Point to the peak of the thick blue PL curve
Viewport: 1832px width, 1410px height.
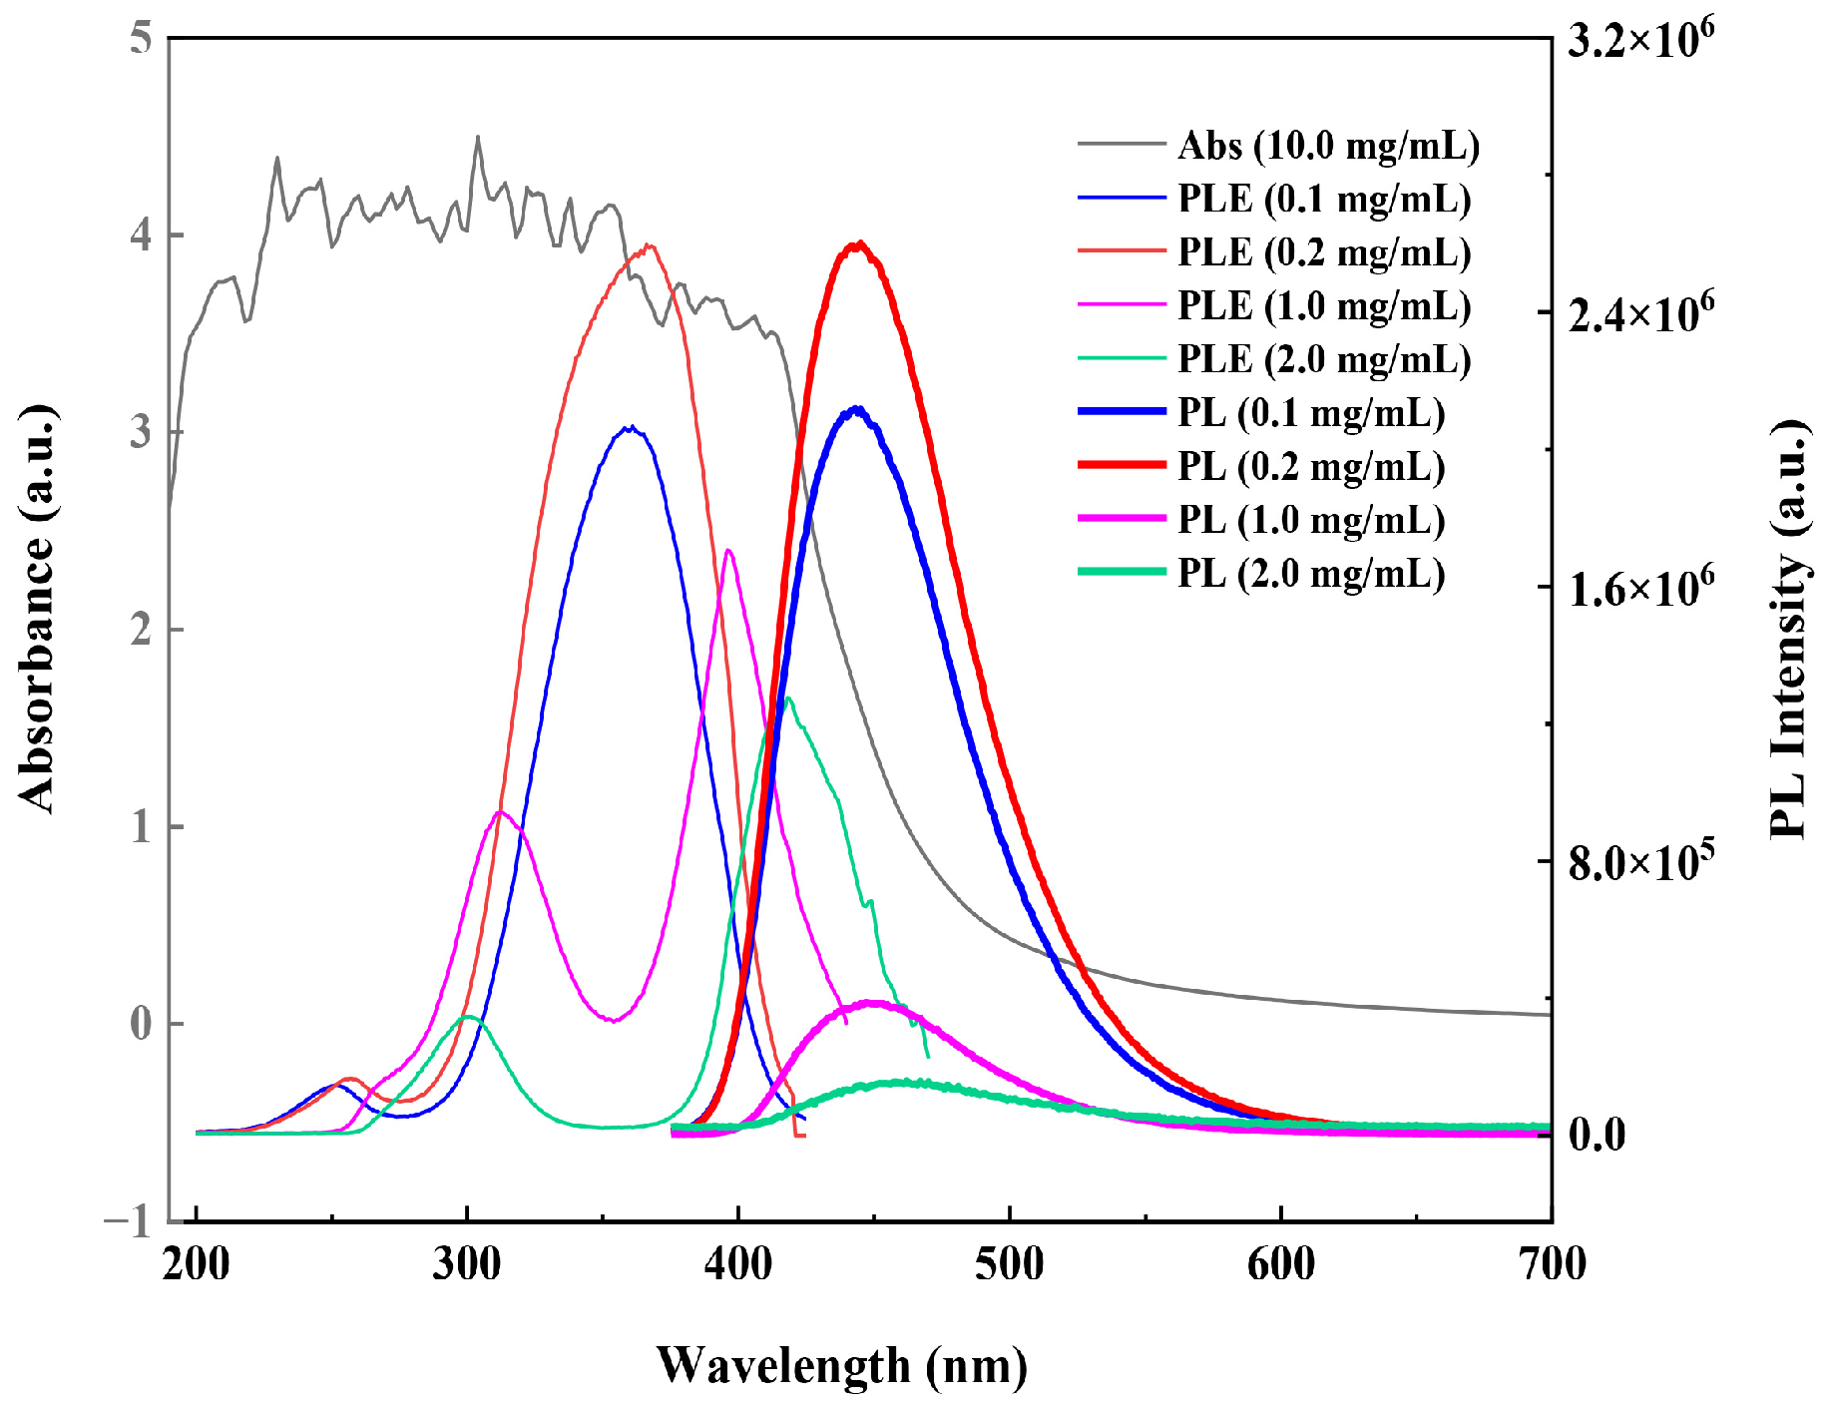coord(855,408)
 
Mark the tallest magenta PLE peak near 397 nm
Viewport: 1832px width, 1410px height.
coord(728,550)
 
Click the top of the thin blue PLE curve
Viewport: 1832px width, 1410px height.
coord(630,427)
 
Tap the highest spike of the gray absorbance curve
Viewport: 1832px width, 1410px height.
coord(477,138)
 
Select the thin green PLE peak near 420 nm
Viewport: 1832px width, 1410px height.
coord(788,699)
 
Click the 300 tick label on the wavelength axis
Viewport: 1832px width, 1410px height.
coord(467,1264)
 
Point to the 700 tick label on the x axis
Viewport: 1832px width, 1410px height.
coord(1552,1264)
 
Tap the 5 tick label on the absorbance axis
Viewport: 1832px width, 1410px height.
coord(141,40)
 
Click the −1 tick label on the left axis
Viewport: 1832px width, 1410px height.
coord(129,1221)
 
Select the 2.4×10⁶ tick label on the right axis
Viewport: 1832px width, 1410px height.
coord(1640,313)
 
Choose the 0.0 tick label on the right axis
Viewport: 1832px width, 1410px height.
coord(1597,1135)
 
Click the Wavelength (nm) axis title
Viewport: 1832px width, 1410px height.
coord(841,1365)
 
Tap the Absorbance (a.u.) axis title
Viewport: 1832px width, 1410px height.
coord(37,609)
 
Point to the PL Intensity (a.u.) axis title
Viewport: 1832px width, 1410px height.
coord(1790,629)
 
